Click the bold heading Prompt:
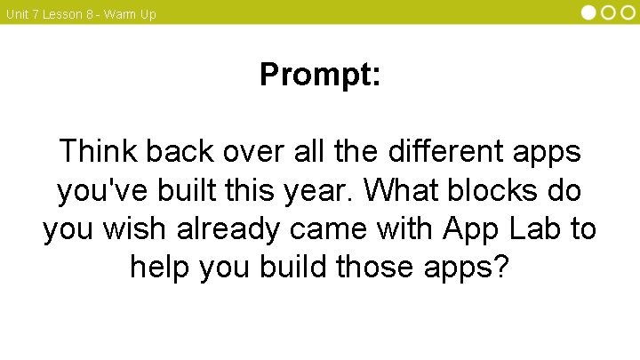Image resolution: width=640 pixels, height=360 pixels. coord(320,75)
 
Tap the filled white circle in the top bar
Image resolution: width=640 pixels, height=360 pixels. coord(589,12)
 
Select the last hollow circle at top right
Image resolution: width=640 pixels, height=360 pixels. coord(628,12)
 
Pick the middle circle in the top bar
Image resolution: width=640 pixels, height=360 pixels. coord(609,12)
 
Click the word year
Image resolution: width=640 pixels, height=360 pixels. coord(324,190)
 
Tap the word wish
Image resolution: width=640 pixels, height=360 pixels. coord(145,228)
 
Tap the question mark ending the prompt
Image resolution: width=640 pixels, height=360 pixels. coord(501,267)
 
